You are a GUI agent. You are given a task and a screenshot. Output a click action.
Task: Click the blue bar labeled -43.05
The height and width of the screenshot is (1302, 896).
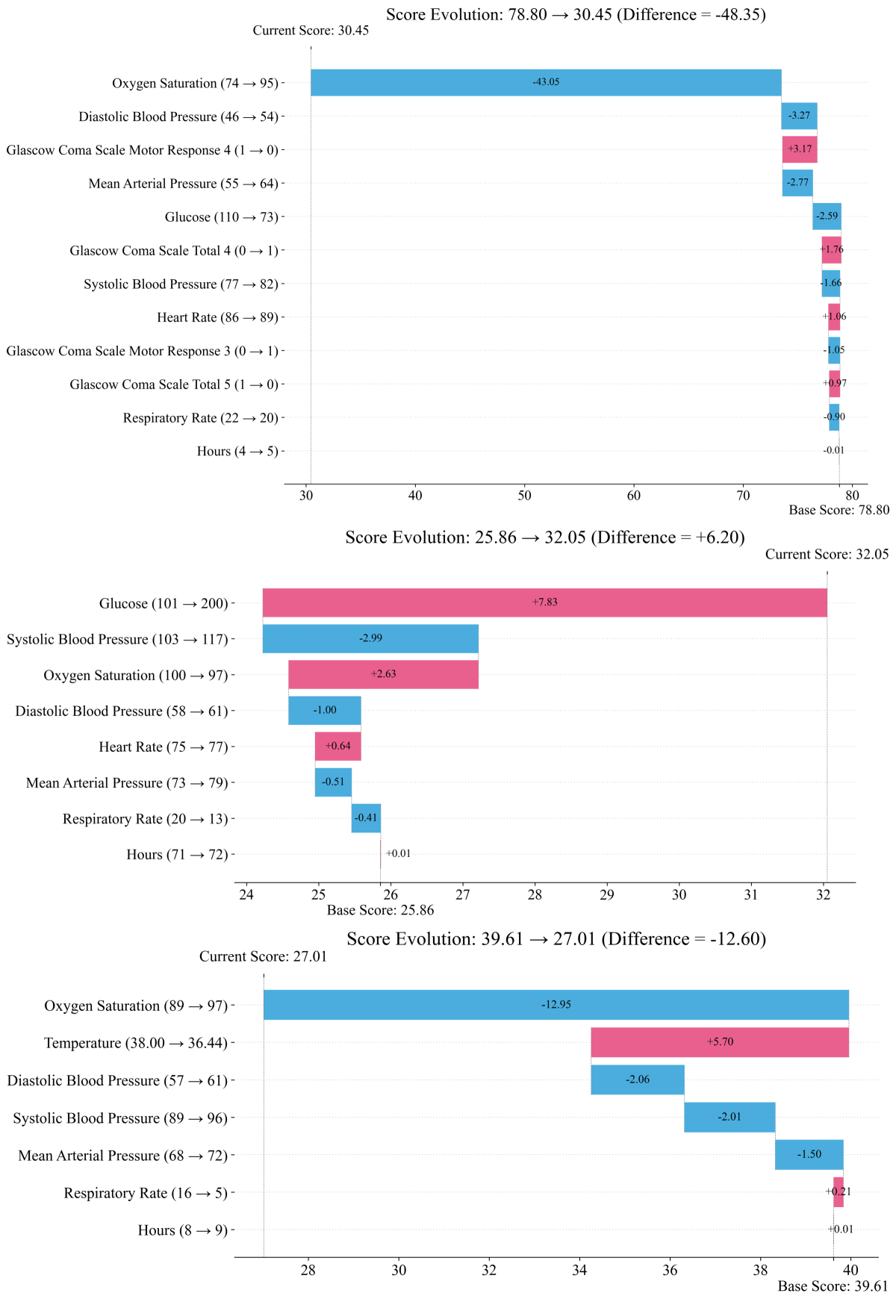pos(546,82)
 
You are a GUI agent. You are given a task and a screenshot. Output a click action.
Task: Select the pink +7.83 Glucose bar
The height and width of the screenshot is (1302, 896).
pos(544,602)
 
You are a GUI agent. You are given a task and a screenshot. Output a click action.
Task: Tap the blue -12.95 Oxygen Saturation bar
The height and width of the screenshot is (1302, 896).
pos(556,1005)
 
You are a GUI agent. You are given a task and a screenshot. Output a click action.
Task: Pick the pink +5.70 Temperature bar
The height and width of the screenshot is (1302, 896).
pos(719,1042)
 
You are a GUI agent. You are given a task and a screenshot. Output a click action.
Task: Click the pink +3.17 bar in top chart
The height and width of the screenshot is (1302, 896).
pos(800,149)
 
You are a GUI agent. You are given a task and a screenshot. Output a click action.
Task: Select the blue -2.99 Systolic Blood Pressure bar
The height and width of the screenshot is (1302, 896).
pos(370,638)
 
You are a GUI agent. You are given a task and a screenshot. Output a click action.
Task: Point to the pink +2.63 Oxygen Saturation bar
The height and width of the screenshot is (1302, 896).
pos(383,674)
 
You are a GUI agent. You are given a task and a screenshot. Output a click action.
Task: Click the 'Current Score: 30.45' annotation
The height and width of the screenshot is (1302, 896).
pos(311,31)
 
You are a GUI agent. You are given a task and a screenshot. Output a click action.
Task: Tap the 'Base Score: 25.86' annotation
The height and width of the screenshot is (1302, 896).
pos(380,910)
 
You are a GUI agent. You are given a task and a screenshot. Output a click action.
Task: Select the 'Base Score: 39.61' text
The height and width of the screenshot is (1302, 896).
pos(833,1286)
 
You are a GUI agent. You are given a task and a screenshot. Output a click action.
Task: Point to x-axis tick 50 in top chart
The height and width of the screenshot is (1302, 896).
pos(525,496)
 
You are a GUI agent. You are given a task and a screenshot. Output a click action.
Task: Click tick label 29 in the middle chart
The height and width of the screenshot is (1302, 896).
pos(607,894)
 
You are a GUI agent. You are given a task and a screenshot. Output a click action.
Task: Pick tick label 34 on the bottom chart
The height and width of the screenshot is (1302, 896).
pos(580,1269)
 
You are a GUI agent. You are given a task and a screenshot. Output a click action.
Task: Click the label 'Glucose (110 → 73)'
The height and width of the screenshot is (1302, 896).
pos(221,217)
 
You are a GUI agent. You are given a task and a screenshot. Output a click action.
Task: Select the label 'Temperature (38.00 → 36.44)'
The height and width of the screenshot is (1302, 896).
pos(135,1043)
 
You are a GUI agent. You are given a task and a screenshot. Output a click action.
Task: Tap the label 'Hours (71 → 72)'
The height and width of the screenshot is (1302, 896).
pos(177,855)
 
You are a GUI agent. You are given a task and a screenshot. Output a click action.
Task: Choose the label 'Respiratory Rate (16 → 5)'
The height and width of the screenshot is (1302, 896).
pos(146,1193)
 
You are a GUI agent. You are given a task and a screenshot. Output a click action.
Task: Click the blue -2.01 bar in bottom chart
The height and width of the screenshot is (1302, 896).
pos(729,1117)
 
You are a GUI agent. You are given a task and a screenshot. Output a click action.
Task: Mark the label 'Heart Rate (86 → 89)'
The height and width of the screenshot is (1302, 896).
pos(217,317)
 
